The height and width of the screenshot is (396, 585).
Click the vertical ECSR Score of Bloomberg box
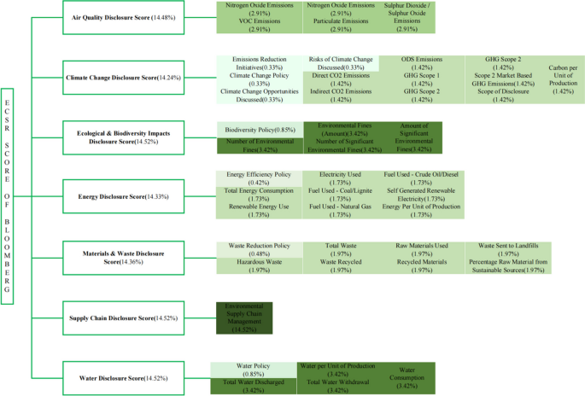click(9, 194)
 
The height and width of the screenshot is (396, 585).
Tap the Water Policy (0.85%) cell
click(253, 369)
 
